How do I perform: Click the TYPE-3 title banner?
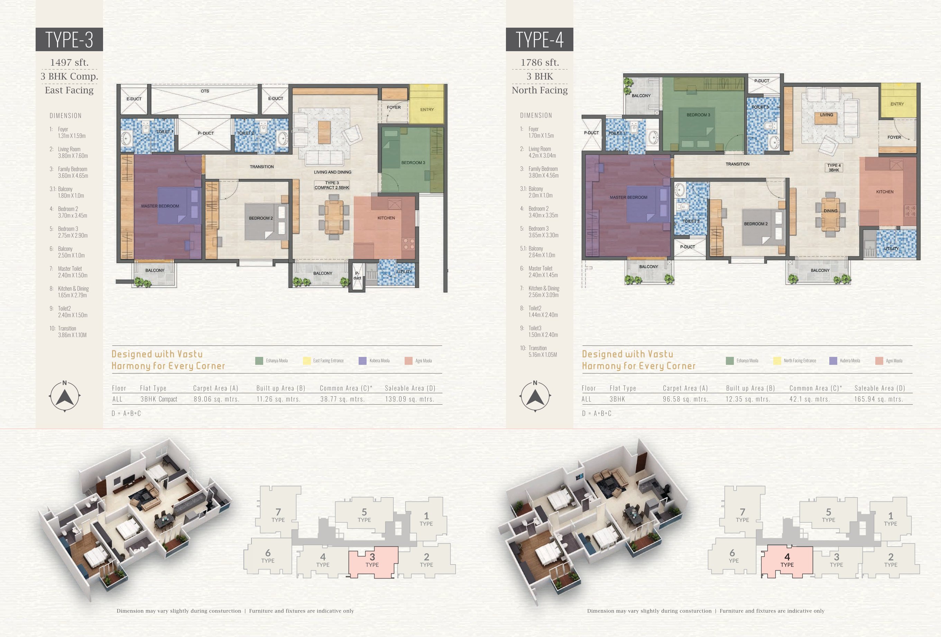coord(69,39)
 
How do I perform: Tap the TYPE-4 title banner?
coord(539,39)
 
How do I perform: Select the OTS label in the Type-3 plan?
coord(205,91)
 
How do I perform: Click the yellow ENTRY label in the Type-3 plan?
coord(427,109)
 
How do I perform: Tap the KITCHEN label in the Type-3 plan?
coord(386,218)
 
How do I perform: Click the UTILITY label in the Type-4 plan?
coord(891,249)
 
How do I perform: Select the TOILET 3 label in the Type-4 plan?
coord(760,107)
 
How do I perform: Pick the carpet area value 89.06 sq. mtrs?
coord(216,399)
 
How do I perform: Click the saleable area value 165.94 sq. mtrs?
coord(879,399)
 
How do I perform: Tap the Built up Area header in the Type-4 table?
coord(750,388)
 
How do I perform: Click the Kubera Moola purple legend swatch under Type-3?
coord(362,360)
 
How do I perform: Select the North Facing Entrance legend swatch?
coord(777,360)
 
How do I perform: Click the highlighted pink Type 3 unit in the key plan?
coord(373,561)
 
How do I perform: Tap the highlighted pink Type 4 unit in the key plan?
coord(787,561)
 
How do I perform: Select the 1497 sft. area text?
coord(69,62)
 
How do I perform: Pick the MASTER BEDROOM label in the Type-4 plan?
coord(628,197)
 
